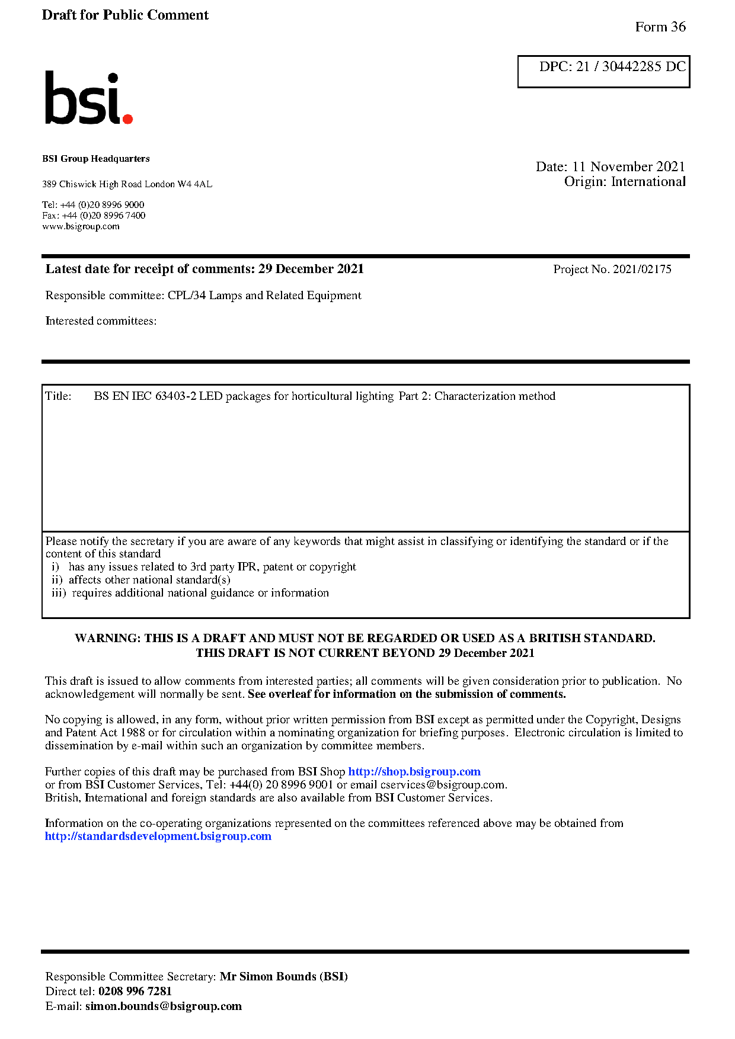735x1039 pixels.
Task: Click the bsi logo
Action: pyautogui.click(x=88, y=98)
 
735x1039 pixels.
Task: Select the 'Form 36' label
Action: pyautogui.click(x=660, y=27)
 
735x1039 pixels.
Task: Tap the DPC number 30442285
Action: pyautogui.click(x=631, y=66)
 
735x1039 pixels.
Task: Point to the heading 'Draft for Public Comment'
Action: pyautogui.click(x=125, y=15)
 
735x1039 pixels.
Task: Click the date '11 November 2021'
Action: pyautogui.click(x=628, y=166)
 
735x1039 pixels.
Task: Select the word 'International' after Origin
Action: pyautogui.click(x=648, y=182)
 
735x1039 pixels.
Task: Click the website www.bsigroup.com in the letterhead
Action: pyautogui.click(x=81, y=226)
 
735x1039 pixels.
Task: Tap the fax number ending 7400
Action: pyautogui.click(x=103, y=216)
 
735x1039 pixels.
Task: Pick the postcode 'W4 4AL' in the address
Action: pyautogui.click(x=194, y=184)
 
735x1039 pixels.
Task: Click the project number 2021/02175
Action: pyautogui.click(x=642, y=270)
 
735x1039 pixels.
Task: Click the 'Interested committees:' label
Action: pyautogui.click(x=101, y=321)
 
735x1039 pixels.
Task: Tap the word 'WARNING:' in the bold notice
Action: pyautogui.click(x=107, y=639)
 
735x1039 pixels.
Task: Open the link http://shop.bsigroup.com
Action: pyautogui.click(x=414, y=772)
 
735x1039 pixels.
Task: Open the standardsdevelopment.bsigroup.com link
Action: pyautogui.click(x=158, y=836)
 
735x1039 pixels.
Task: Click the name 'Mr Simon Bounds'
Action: pyautogui.click(x=268, y=977)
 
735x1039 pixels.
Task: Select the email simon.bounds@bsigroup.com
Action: pyautogui.click(x=163, y=1006)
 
